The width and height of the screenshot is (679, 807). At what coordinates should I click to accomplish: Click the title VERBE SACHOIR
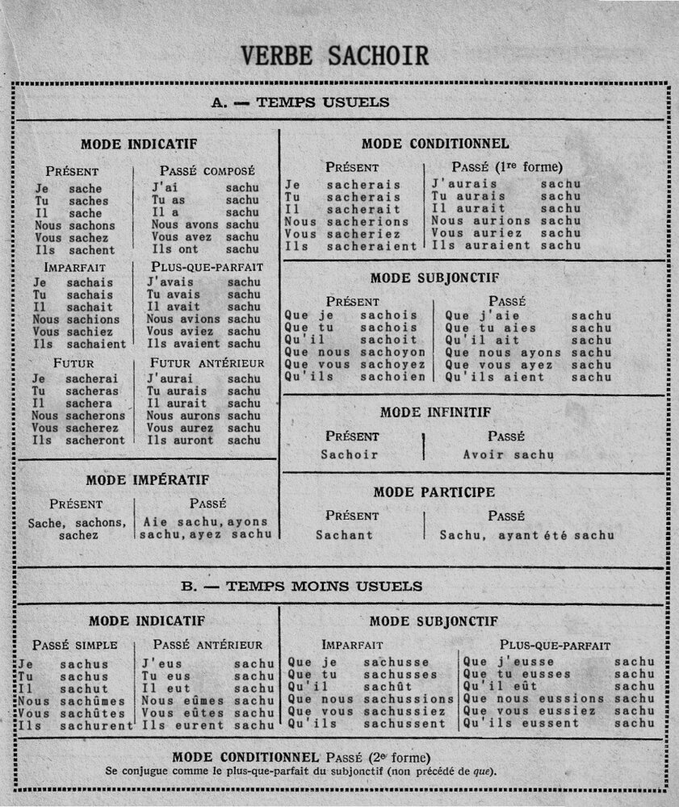[334, 55]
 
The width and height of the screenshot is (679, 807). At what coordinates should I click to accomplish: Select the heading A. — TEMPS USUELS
[300, 102]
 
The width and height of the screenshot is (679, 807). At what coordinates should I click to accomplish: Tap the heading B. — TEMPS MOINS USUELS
[301, 586]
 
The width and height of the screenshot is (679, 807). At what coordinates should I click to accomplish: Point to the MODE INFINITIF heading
[436, 412]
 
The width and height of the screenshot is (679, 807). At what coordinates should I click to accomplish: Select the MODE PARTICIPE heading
[434, 491]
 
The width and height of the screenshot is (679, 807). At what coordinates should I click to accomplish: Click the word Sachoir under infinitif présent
[349, 454]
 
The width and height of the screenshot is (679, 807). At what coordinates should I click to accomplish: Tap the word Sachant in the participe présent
[344, 534]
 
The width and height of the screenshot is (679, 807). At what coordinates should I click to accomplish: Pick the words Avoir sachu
[509, 454]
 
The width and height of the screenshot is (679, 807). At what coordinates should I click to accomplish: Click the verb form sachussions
[409, 699]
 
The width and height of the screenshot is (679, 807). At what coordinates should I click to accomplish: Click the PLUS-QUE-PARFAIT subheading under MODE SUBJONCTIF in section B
[555, 646]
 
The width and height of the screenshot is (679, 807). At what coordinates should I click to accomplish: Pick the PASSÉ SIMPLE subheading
[75, 645]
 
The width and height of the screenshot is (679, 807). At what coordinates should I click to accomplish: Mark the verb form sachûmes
[93, 701]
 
